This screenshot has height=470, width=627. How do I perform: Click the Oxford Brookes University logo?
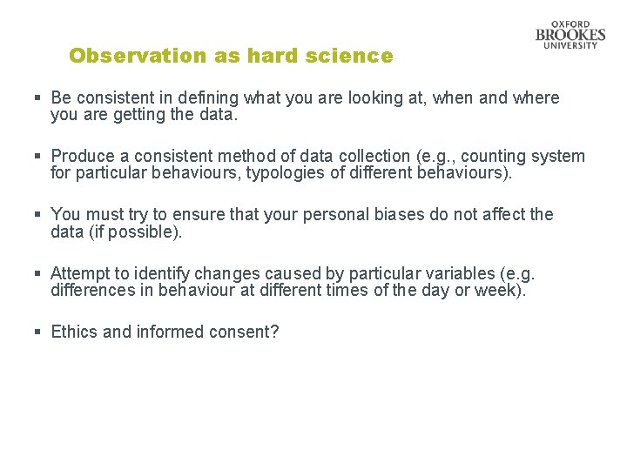tap(570, 35)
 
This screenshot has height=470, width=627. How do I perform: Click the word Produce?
tap(83, 157)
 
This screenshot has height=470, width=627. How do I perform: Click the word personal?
tap(337, 214)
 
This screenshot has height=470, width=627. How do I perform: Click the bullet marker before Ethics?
tap(38, 332)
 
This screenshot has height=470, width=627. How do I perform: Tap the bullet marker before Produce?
tap(38, 157)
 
